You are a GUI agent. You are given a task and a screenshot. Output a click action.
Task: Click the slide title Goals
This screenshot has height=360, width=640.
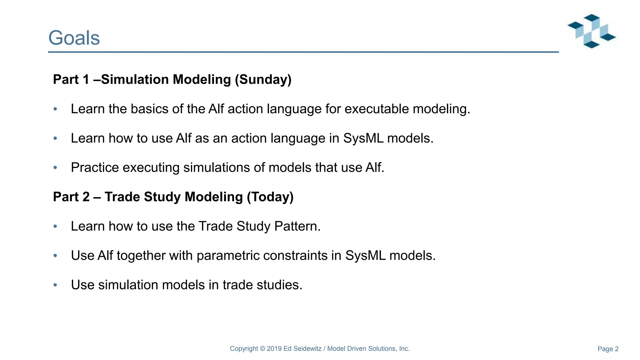[x=74, y=38]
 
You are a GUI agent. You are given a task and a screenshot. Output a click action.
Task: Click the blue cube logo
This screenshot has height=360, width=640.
[x=592, y=31]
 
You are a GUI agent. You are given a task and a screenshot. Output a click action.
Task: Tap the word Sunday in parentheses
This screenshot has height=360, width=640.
[x=263, y=80]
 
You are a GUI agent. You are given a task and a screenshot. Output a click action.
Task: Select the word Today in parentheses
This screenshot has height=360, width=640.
[x=270, y=197]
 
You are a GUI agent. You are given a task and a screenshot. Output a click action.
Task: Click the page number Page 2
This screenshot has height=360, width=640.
[x=608, y=349]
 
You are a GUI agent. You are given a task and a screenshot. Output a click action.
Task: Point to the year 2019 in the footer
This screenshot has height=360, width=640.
[x=274, y=349]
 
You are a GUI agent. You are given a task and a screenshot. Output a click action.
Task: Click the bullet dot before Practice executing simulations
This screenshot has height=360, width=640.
[x=55, y=168]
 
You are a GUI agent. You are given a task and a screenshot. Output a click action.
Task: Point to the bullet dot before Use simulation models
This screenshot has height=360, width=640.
[x=55, y=285]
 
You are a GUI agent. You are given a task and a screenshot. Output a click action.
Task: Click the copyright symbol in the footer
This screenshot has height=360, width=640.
[x=262, y=349]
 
